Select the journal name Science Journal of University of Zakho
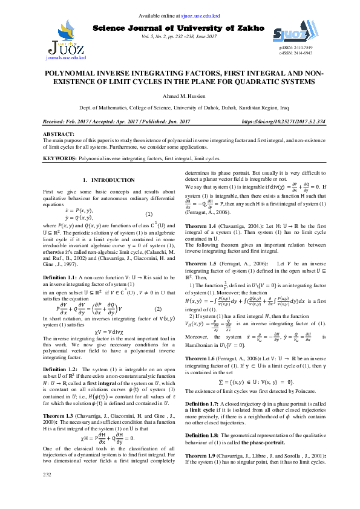tap(179, 28)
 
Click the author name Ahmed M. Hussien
tap(180, 96)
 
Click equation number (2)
tap(158, 309)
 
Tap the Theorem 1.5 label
tap(202, 264)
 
